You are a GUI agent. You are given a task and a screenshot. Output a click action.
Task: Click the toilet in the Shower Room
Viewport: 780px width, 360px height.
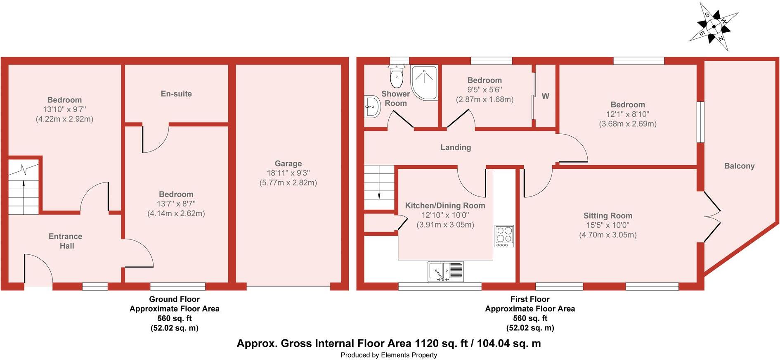tap(397, 77)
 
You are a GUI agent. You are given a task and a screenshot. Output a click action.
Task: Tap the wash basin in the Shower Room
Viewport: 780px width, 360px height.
tap(372, 107)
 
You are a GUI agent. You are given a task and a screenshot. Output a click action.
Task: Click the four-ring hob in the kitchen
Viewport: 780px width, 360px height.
tap(504, 236)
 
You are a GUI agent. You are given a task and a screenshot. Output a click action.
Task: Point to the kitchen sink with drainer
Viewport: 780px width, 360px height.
tap(446, 272)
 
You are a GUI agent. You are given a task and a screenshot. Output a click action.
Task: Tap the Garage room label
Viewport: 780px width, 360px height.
tap(288, 163)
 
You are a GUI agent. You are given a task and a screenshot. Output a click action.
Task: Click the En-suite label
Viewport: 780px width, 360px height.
tap(176, 94)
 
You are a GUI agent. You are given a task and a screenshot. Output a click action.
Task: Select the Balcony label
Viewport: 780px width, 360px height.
tap(739, 166)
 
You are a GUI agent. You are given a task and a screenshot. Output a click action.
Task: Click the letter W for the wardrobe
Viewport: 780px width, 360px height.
tap(545, 96)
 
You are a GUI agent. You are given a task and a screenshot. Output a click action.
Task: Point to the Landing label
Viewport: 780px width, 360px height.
tap(455, 147)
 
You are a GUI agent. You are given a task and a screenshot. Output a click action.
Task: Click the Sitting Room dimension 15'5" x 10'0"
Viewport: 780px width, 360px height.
tap(607, 225)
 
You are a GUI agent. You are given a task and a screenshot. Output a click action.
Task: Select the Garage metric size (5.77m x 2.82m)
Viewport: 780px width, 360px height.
tap(288, 183)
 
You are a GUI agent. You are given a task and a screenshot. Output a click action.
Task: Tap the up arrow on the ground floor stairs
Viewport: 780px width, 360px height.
tap(23, 185)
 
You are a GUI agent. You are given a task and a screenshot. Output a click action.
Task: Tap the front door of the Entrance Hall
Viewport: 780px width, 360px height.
tap(38, 269)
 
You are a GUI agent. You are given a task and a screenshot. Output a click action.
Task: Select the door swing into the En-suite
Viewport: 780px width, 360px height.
tap(156, 139)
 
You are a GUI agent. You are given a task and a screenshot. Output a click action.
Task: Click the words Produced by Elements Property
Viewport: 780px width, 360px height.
tap(388, 355)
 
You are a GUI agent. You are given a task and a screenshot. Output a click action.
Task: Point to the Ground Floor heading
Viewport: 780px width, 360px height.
tap(174, 299)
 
